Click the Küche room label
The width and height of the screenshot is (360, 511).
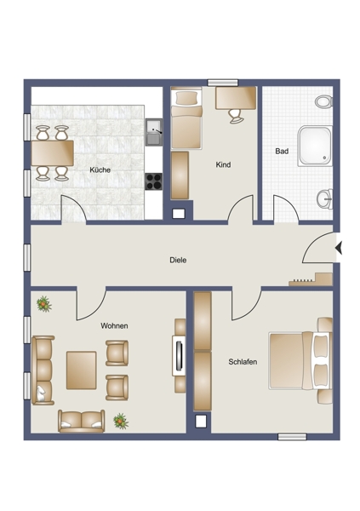(100, 169)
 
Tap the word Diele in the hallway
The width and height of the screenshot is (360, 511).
(178, 260)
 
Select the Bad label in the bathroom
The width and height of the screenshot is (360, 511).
(282, 152)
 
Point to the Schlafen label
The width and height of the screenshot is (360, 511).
(243, 362)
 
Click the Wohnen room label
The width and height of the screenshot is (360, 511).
(114, 325)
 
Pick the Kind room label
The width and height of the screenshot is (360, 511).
(223, 165)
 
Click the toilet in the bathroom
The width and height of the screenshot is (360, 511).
(323, 101)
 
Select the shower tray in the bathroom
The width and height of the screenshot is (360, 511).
(316, 146)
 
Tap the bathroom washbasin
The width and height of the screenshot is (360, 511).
(325, 198)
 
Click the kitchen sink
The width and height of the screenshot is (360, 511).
(154, 132)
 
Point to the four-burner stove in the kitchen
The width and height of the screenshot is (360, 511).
(154, 181)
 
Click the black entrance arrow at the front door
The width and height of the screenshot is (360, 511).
(339, 248)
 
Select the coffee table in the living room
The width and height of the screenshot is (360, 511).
(82, 370)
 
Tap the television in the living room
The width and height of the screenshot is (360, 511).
(179, 355)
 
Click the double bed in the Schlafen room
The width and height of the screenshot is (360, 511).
(300, 360)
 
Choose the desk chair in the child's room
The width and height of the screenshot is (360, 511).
(236, 116)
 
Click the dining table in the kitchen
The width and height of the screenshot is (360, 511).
(53, 152)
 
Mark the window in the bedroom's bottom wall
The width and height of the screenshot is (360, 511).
(292, 437)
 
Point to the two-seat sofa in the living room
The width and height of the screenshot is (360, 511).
(82, 421)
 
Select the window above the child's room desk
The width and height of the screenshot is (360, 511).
(223, 83)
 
